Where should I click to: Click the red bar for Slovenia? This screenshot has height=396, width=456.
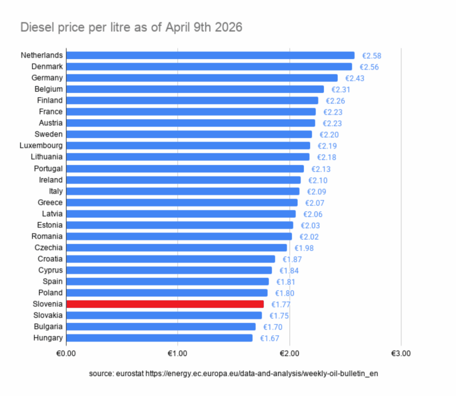coord(165,304)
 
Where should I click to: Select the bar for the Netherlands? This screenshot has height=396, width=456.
coord(210,55)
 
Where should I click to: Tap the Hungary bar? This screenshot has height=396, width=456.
coord(159,338)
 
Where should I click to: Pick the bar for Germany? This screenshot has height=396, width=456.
coord(202,78)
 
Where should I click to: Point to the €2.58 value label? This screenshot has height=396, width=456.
coord(371,56)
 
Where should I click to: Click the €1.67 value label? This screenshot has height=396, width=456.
coord(269,338)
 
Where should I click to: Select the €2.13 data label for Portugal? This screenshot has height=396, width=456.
coord(321,169)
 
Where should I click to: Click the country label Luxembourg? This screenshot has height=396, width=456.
coord(41,145)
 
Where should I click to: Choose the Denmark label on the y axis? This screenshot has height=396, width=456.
coord(47,66)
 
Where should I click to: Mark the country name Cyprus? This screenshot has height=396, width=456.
coord(50,270)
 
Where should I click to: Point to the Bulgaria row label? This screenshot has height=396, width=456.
coord(48,326)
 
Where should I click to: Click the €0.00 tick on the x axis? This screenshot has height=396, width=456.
coord(66,354)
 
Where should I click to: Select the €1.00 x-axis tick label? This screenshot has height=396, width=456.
coord(178,354)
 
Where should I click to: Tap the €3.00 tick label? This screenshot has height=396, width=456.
coord(401,354)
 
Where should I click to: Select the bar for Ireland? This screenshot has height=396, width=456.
coord(183,180)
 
